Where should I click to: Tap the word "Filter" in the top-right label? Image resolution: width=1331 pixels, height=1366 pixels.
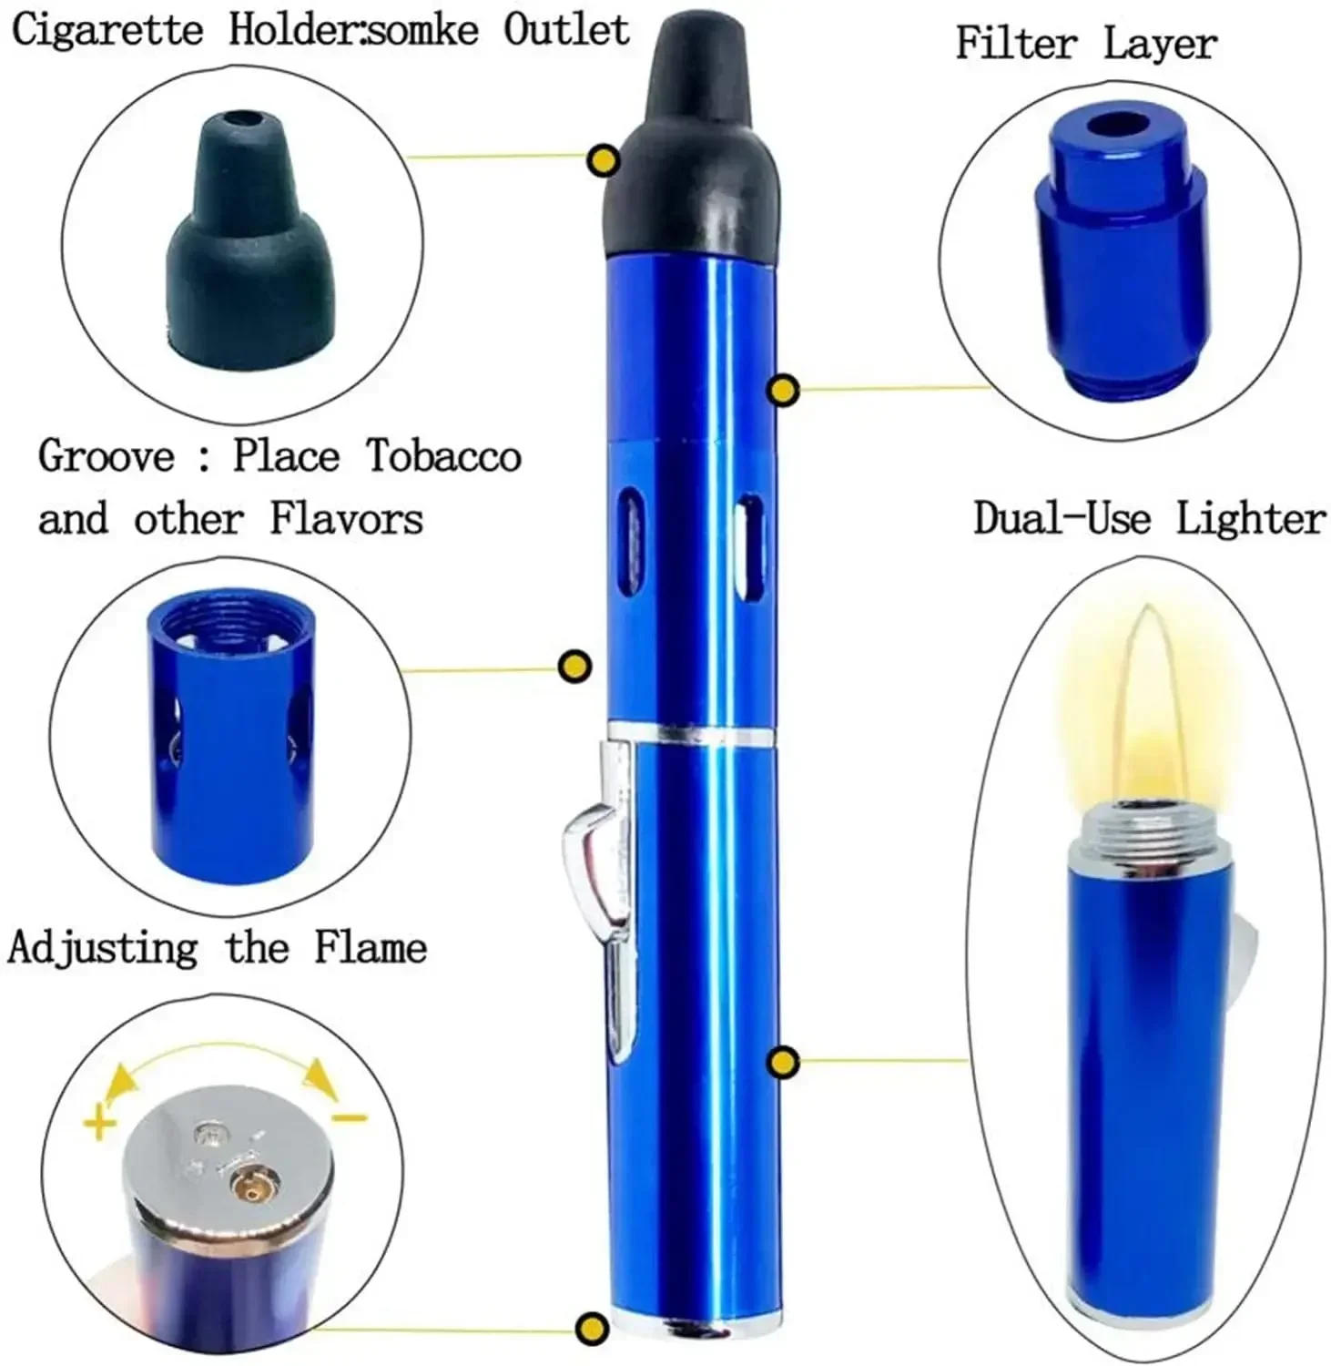coord(1015,43)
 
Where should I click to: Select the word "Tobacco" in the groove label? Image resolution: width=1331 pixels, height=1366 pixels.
coord(443,456)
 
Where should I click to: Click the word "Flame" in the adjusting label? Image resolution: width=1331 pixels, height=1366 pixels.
coord(371,947)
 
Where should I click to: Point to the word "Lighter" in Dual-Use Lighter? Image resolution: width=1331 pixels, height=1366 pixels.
coord(1250,519)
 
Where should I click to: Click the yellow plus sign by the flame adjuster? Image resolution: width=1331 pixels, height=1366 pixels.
coord(100,1123)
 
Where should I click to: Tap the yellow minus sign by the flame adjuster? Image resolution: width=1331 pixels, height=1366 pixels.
coord(349,1117)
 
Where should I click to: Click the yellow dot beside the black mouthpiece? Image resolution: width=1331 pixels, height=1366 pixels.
coord(603,161)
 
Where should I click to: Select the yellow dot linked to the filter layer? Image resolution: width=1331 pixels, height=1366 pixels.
coord(784,391)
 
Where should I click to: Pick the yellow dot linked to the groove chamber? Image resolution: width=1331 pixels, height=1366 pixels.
coord(575,667)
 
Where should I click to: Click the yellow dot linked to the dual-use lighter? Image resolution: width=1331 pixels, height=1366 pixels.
coord(783,1061)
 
